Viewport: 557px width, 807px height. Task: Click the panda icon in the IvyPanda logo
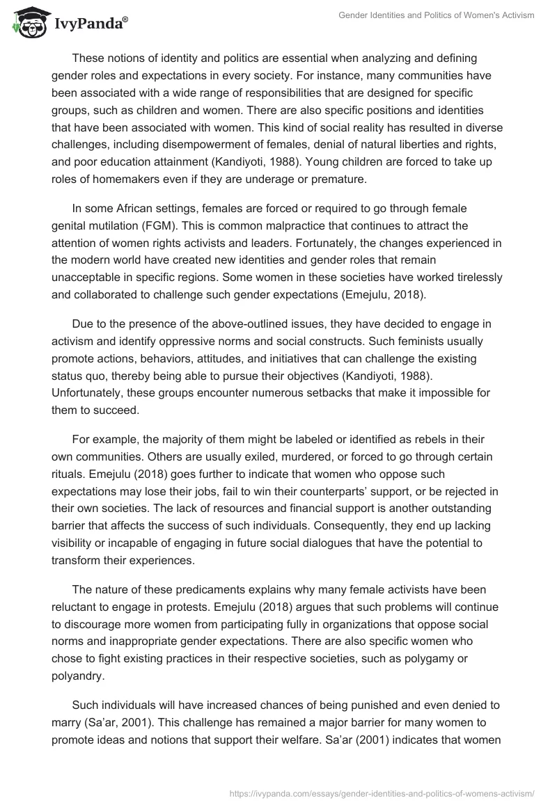pyautogui.click(x=26, y=24)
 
